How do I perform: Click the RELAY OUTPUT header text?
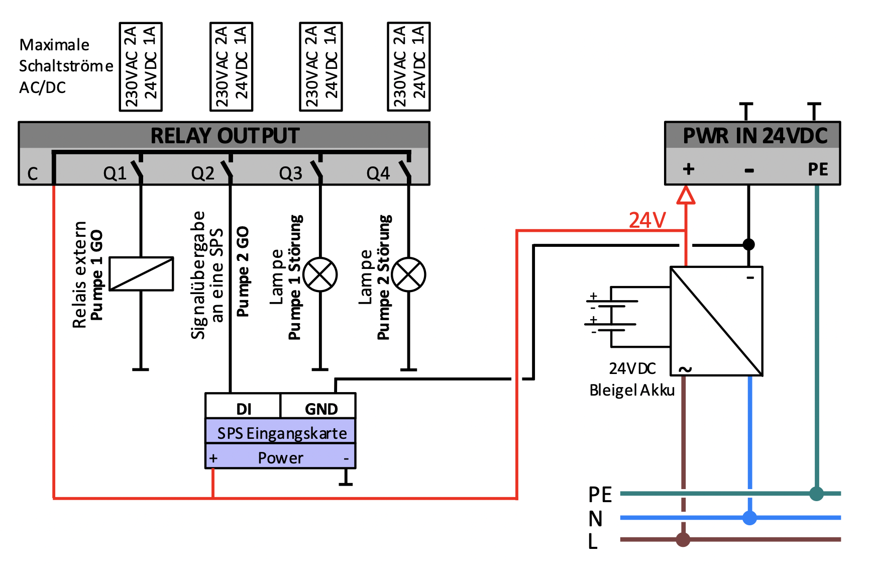(x=225, y=136)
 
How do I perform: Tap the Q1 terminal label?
(x=115, y=173)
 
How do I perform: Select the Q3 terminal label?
(x=291, y=173)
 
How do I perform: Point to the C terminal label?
(x=33, y=174)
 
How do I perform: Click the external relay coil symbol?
(x=141, y=274)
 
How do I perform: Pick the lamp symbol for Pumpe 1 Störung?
(x=320, y=274)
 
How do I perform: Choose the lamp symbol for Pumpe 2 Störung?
(x=409, y=274)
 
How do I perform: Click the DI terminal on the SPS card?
(x=244, y=409)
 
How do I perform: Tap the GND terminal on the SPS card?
(x=321, y=409)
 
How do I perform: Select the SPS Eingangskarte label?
(x=282, y=433)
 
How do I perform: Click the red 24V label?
(x=647, y=220)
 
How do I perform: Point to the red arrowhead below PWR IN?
(x=686, y=195)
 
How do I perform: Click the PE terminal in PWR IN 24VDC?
(x=818, y=169)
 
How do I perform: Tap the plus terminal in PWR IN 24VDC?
(x=689, y=169)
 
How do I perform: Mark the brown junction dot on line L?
(x=683, y=539)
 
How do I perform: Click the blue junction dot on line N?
(x=750, y=517)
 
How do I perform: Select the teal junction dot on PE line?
(x=817, y=494)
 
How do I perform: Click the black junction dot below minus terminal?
(x=749, y=245)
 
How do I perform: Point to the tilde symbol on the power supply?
(x=685, y=369)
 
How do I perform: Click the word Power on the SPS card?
(x=280, y=458)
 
